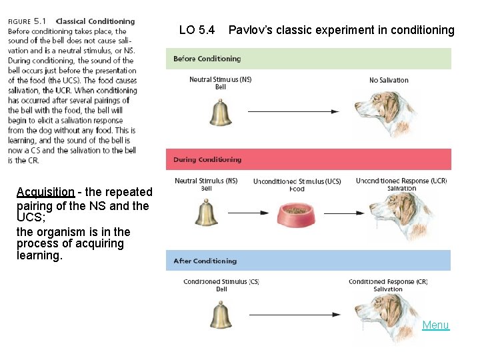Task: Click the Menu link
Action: click(x=435, y=325)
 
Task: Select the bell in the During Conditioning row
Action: click(x=206, y=213)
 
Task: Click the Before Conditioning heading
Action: click(x=207, y=59)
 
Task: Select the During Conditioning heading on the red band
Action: click(x=207, y=160)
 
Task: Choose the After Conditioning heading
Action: click(x=205, y=261)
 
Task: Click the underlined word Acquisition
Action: click(x=45, y=192)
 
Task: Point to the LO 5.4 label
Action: click(x=197, y=30)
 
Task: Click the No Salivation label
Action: click(x=389, y=81)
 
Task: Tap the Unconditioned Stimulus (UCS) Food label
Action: click(x=297, y=185)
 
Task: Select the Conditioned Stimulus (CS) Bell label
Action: click(x=221, y=285)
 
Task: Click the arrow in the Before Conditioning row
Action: click(x=297, y=111)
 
